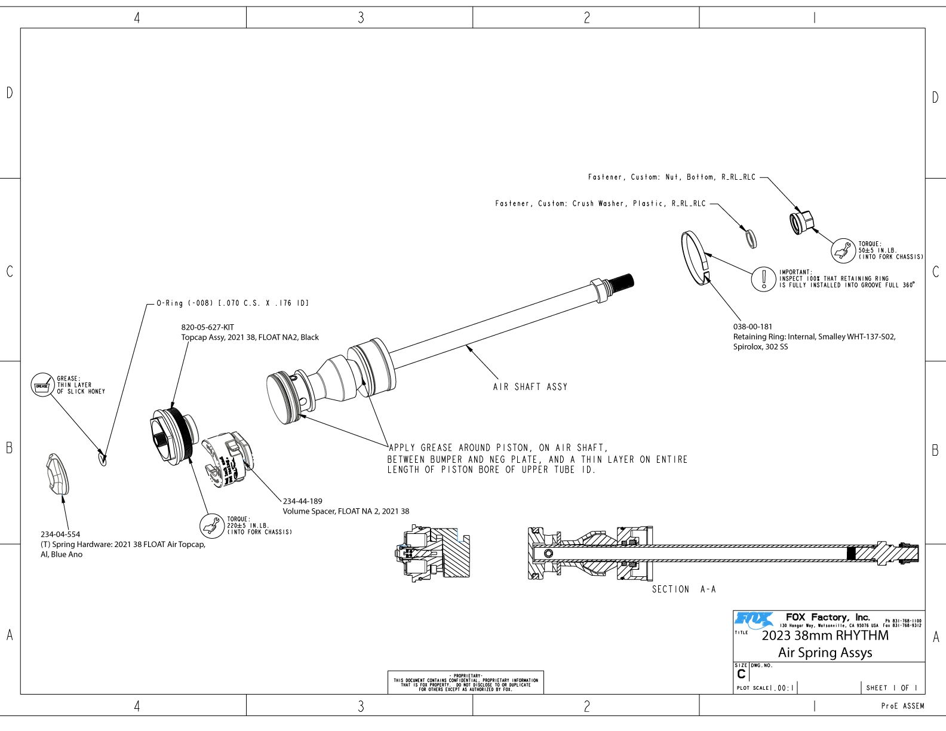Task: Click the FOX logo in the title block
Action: point(754,619)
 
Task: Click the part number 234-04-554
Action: point(60,535)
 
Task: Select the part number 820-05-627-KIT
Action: point(208,327)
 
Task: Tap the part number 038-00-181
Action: point(752,327)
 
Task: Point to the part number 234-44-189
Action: point(302,501)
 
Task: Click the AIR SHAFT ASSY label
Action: point(530,387)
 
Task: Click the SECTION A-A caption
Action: point(683,589)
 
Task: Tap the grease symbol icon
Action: point(42,385)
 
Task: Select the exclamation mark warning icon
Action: point(763,278)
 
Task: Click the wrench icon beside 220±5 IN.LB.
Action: point(211,526)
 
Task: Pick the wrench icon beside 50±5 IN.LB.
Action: point(843,250)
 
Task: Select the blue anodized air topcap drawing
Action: point(57,475)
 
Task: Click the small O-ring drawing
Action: point(103,459)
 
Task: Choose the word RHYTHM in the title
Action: point(862,635)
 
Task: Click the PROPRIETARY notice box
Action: point(466,682)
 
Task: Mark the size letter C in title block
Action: point(741,674)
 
